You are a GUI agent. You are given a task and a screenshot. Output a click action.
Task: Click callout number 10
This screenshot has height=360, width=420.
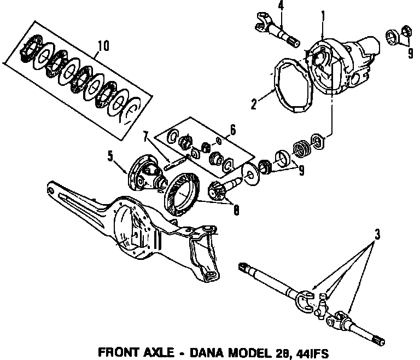[x=100, y=42]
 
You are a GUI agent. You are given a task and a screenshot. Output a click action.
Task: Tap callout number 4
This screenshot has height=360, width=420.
[x=281, y=7]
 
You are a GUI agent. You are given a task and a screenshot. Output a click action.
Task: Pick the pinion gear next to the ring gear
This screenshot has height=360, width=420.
[x=219, y=190]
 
